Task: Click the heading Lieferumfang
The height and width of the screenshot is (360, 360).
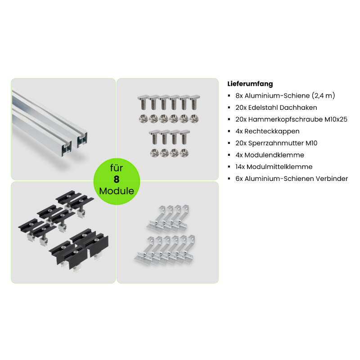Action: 250,84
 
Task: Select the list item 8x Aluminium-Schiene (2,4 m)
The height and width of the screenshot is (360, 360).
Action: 285,95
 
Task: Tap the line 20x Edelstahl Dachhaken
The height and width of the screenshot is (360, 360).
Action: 276,108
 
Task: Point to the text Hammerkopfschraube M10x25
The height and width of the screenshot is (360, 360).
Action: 298,119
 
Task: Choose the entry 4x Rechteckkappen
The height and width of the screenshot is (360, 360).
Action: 267,131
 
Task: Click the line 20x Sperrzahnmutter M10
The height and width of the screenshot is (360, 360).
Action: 276,143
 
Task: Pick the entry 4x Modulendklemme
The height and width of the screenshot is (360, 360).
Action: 270,155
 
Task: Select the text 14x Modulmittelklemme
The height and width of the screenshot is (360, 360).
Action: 274,166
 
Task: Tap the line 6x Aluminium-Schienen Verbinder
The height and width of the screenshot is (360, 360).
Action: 292,179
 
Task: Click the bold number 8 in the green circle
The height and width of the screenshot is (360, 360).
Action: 117,179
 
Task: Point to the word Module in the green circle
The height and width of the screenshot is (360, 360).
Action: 117,191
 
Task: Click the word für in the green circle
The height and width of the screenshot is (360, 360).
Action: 117,168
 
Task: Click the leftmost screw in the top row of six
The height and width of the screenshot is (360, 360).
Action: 143,103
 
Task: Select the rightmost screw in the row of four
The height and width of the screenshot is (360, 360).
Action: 184,137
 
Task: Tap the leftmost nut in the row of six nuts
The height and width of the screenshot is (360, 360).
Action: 143,119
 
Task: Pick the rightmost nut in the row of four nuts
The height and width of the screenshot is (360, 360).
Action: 184,153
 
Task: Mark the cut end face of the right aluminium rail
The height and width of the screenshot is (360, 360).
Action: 81,139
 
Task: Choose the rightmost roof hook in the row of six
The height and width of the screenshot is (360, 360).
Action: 187,249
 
